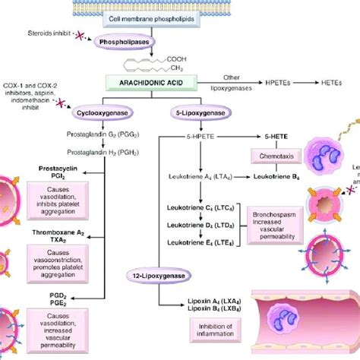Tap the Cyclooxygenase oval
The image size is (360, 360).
118,112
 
